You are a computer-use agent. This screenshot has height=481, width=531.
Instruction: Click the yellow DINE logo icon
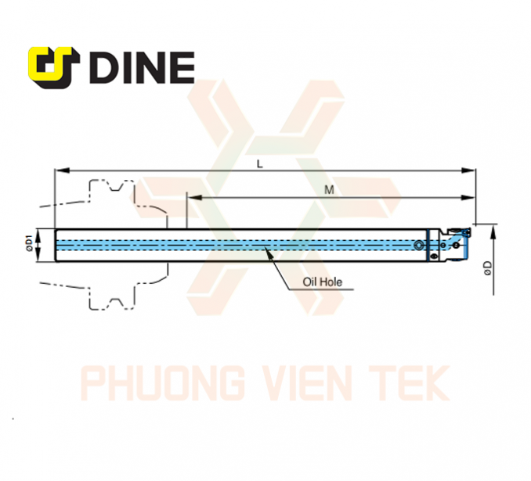click(53, 67)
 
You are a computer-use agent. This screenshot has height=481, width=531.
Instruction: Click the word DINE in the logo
click(142, 67)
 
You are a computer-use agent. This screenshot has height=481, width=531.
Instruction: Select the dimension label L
click(260, 164)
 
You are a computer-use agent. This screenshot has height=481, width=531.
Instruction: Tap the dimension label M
click(329, 190)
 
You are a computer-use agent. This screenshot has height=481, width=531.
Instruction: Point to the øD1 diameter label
click(29, 243)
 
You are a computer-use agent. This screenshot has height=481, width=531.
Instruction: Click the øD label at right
click(488, 268)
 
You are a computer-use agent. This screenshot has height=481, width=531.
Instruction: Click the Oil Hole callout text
click(322, 282)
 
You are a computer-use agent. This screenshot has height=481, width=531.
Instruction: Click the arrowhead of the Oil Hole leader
click(268, 251)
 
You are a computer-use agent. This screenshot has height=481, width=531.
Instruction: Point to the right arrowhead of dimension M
click(468, 198)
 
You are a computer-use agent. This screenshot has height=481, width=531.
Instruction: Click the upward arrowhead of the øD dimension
click(493, 232)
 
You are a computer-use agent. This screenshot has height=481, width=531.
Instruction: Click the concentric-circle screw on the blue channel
click(418, 246)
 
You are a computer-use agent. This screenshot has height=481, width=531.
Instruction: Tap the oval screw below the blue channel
click(433, 257)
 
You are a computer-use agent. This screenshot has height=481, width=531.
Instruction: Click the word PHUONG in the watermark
click(163, 383)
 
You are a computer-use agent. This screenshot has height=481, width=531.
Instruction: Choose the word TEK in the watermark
click(410, 383)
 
